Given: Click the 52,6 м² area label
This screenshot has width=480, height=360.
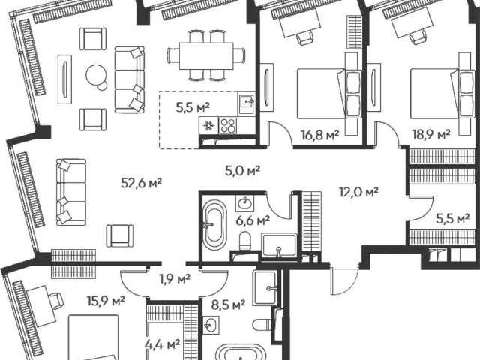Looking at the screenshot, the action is [142, 183].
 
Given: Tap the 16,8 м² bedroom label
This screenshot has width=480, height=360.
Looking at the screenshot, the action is [320, 135].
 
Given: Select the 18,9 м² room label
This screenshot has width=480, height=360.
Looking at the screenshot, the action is [431, 134].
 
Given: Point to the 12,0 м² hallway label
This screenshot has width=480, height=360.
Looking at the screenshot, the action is [358, 192].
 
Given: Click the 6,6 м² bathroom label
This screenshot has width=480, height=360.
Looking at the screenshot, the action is [253, 220].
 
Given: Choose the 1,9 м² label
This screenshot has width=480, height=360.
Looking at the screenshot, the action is [175, 278].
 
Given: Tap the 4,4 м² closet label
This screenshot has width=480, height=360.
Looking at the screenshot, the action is [162, 345].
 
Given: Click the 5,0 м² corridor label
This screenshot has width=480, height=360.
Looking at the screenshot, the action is [242, 170].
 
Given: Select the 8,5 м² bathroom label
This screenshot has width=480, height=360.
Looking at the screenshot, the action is [229, 304].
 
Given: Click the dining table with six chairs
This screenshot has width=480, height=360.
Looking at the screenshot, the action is [206, 55].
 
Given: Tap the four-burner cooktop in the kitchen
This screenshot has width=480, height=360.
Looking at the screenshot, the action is [228, 125].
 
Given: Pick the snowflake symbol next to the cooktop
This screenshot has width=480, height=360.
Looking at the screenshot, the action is [208, 125].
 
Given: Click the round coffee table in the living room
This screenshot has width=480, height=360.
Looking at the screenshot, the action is [96, 75].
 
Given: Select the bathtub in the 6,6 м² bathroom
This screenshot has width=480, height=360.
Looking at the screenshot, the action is [215, 224].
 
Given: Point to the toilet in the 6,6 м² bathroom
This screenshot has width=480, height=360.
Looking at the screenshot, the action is [245, 240].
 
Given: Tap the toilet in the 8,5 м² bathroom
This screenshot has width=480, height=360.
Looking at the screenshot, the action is [262, 325].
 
